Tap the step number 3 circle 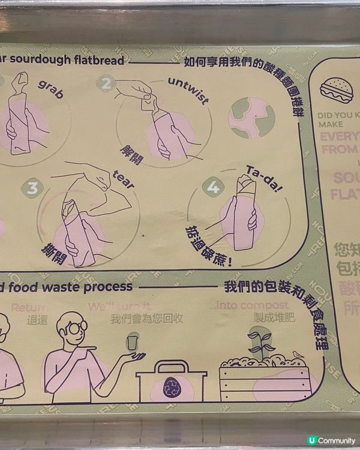click(x=32, y=188)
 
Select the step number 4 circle click(x=212, y=187)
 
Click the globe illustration click(x=251, y=117)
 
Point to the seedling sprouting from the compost click(x=260, y=343)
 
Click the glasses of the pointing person click(x=76, y=326)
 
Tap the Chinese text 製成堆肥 click(x=275, y=319)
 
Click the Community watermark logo click(x=331, y=440)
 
